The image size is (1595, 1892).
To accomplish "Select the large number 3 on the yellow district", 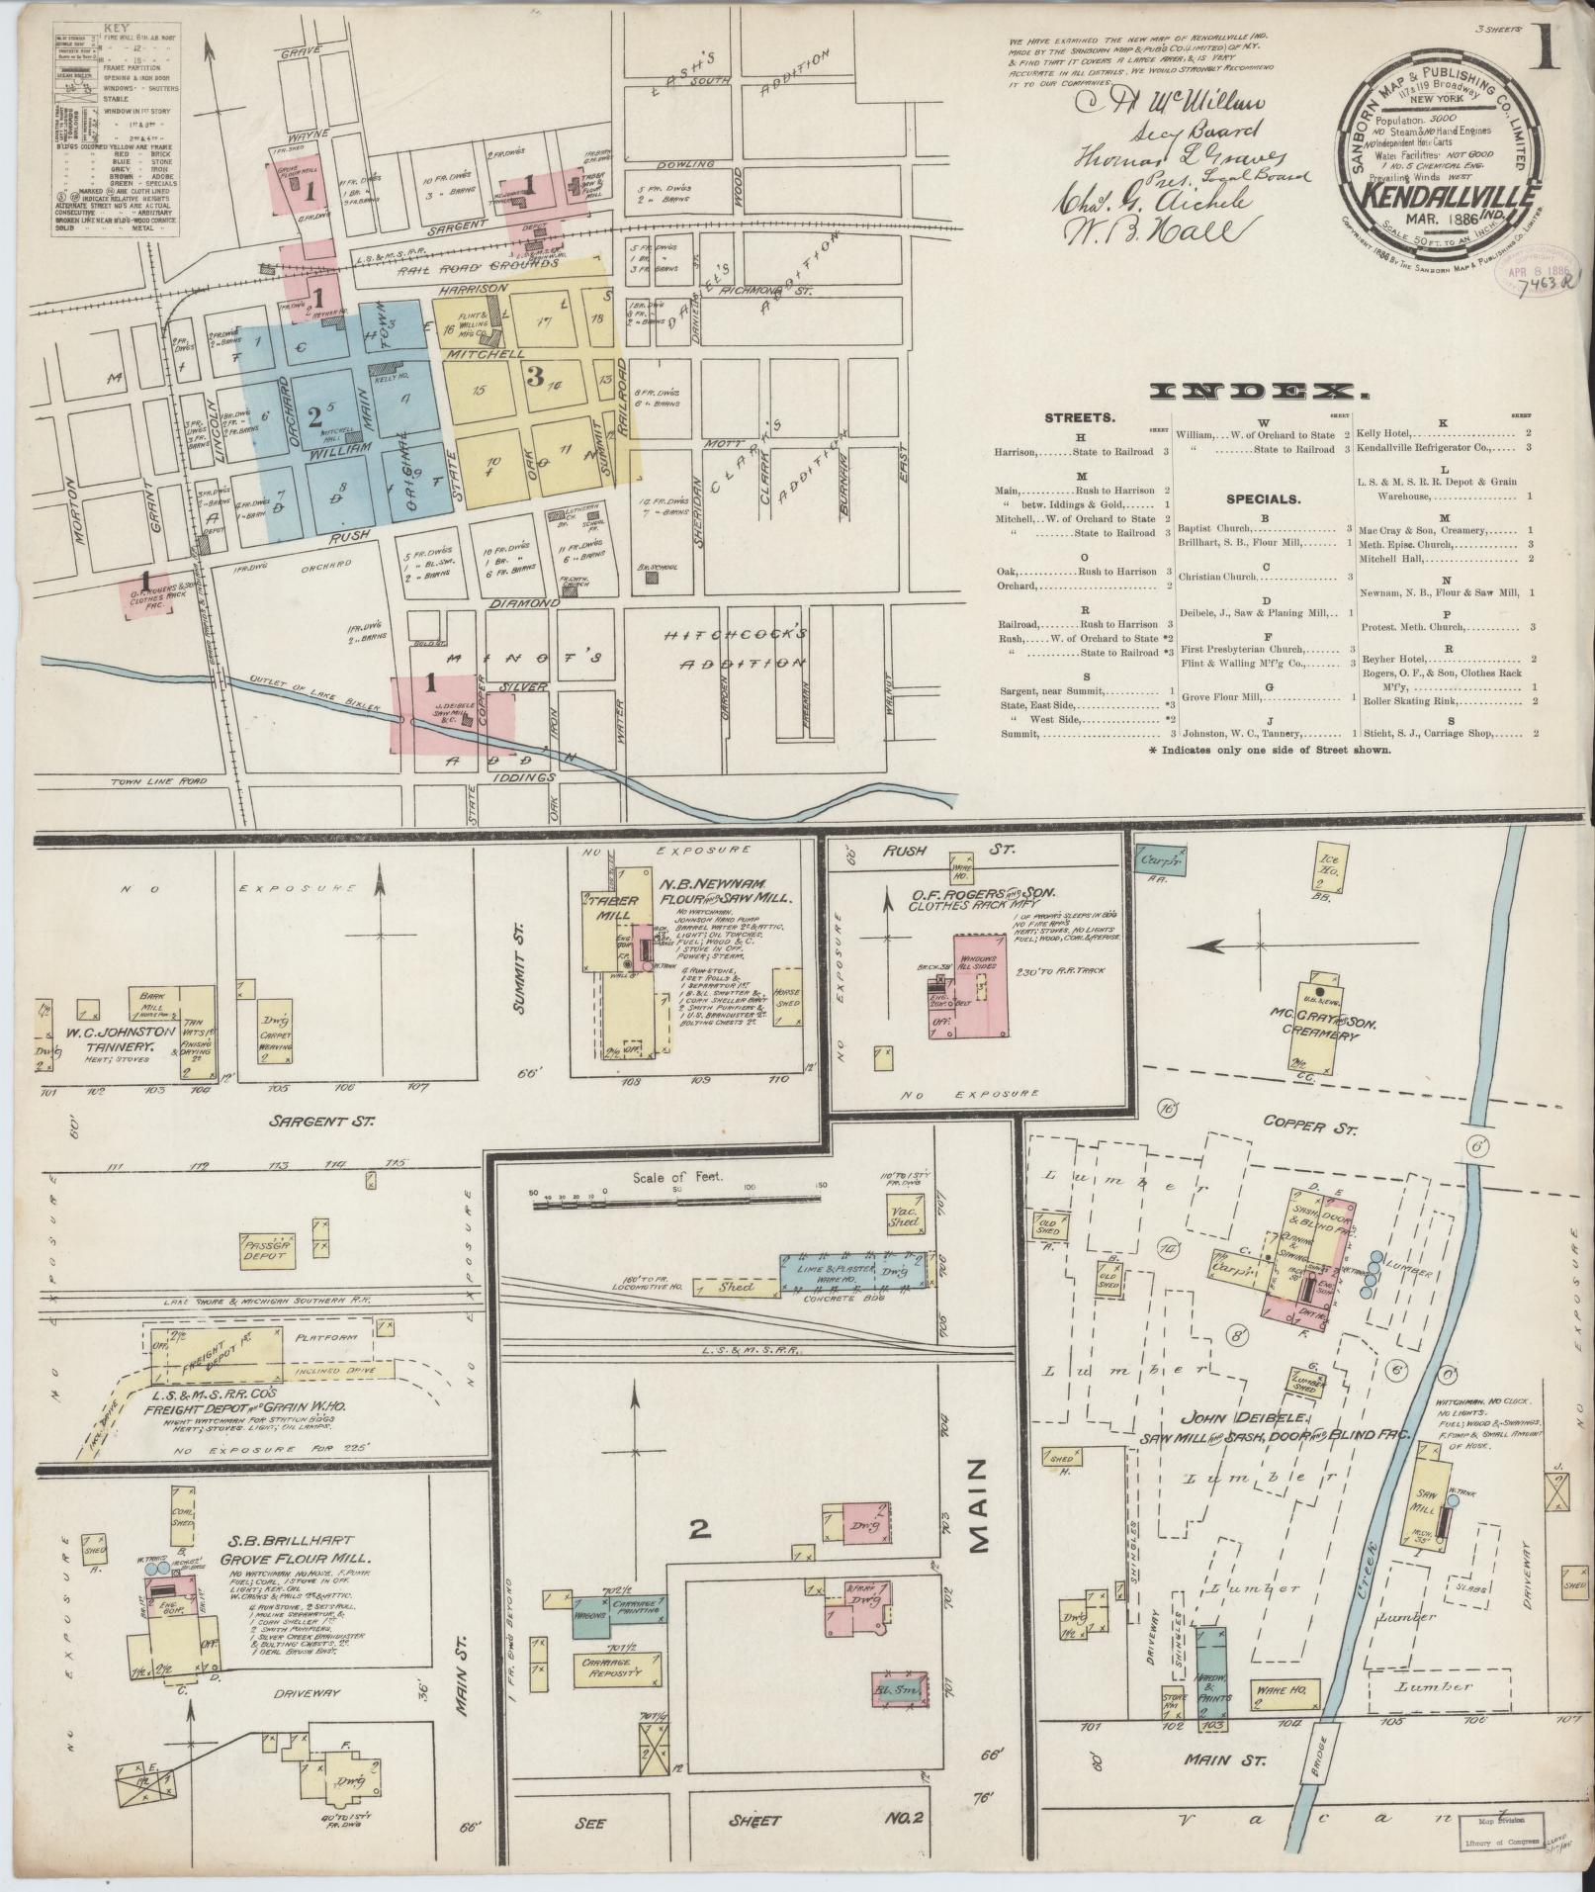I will [535, 376].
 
